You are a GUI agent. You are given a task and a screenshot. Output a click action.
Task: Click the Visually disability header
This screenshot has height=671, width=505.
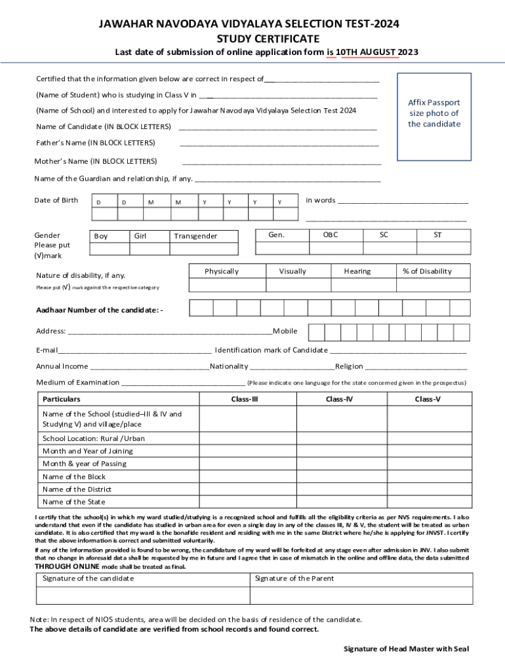[x=293, y=271]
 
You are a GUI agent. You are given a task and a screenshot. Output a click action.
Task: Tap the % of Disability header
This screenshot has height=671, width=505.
[x=427, y=271]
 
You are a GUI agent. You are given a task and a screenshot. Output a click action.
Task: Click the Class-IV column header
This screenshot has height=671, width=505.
[x=340, y=399]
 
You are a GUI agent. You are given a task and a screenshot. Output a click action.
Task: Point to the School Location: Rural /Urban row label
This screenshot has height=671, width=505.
[x=94, y=438]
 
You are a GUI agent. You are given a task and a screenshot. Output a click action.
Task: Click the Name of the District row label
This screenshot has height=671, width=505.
[x=77, y=489]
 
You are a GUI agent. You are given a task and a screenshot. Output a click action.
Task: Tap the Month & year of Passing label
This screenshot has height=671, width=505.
[x=85, y=464]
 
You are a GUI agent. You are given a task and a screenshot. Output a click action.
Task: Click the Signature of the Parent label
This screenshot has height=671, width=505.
[x=294, y=579]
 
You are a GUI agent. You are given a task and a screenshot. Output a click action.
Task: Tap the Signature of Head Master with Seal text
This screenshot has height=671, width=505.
[x=407, y=649]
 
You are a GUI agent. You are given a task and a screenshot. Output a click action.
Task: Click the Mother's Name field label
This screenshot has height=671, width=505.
[x=96, y=161]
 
